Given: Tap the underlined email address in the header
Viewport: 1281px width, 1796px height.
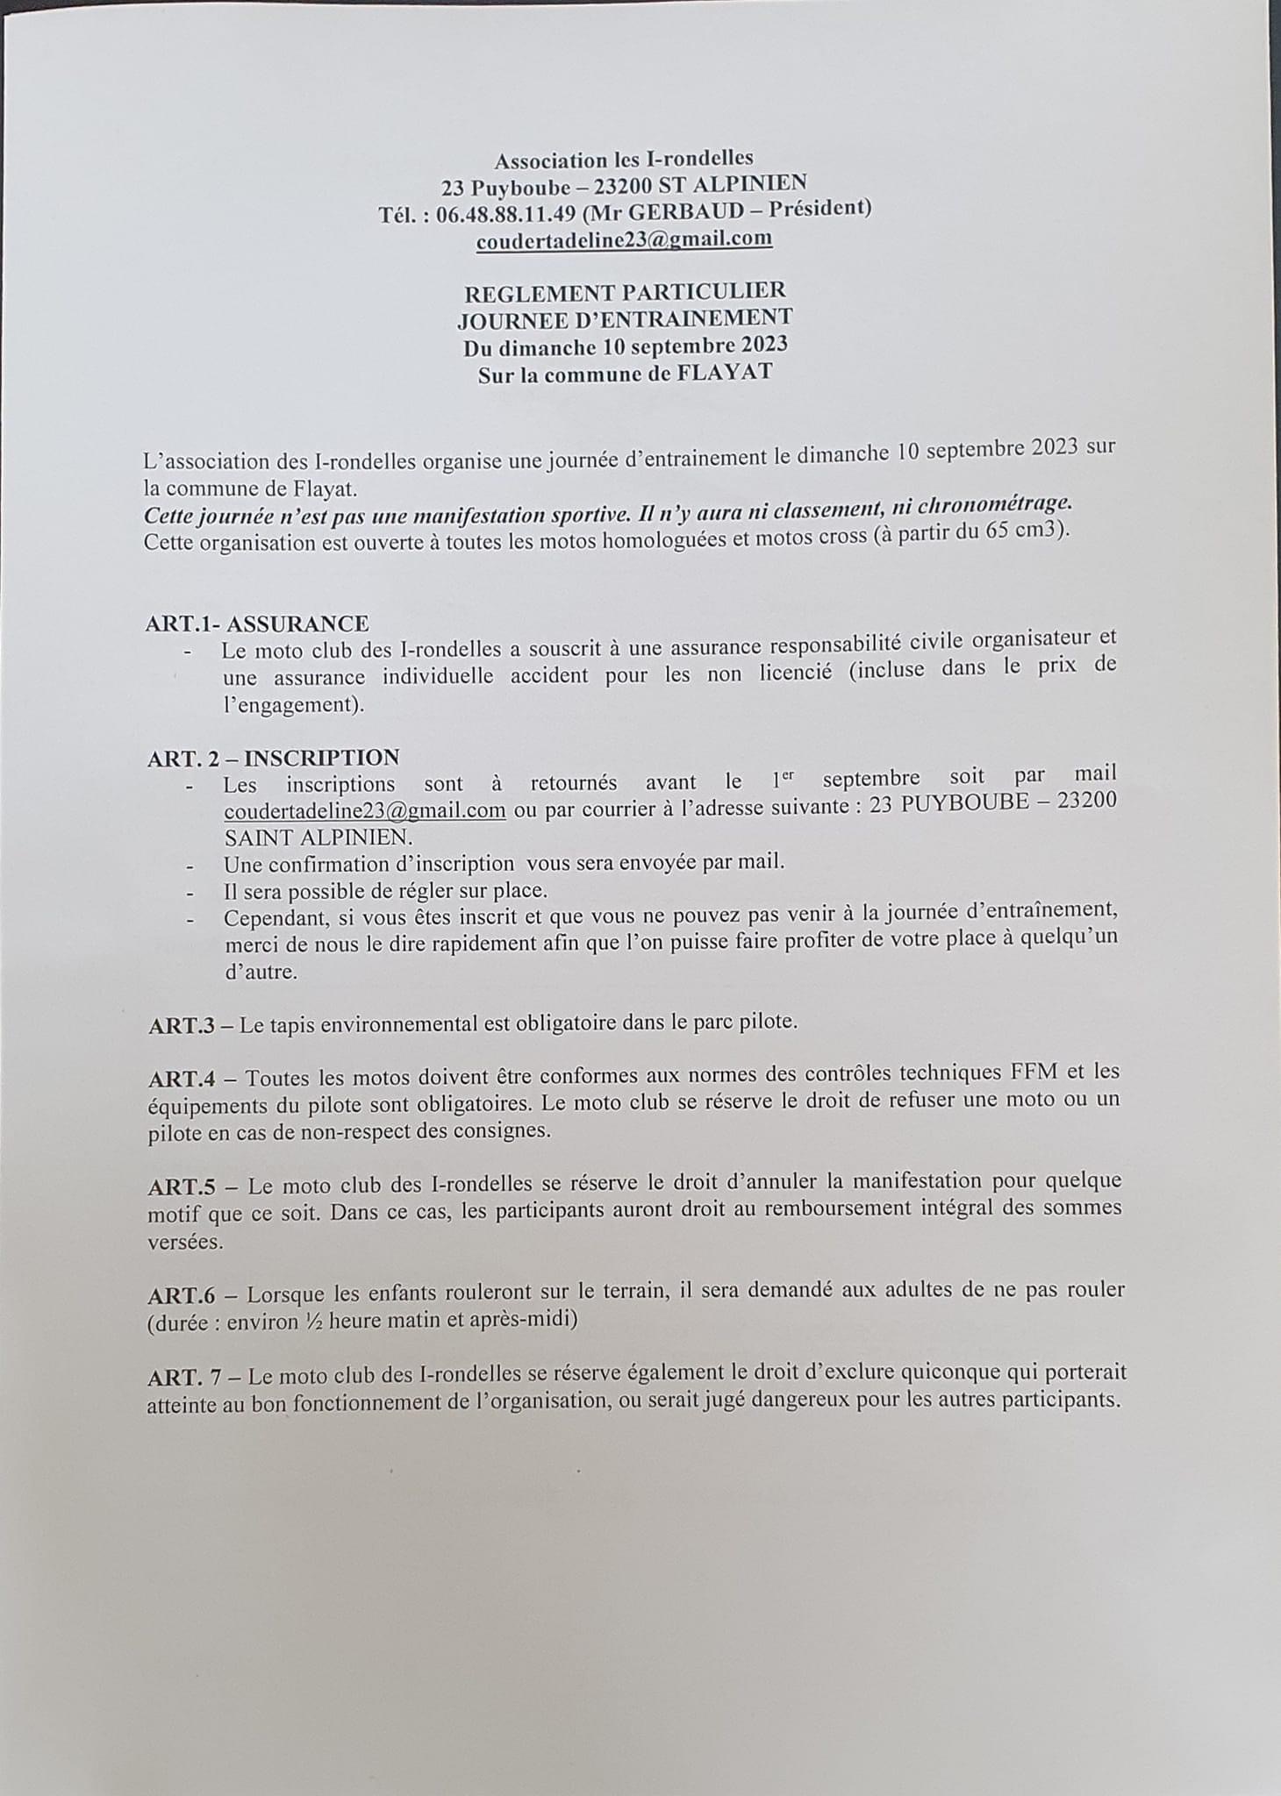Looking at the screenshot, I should point(624,239).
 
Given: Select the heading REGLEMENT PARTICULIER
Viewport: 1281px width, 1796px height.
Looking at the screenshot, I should point(625,291).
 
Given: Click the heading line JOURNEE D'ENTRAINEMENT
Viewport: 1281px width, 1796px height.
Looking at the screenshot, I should point(625,317).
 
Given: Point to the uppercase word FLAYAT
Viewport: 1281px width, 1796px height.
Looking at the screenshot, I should point(724,372).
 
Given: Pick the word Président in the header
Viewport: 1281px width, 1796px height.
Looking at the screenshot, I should point(817,208).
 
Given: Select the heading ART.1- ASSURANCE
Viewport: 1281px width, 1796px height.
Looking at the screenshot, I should point(257,624).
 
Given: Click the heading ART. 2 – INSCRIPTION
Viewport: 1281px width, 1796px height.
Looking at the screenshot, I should point(274,758).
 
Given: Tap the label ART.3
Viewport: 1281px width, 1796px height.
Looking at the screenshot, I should point(182,1025).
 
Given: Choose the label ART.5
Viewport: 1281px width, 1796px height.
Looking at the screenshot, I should point(182,1187).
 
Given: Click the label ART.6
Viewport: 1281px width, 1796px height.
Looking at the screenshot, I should point(182,1294).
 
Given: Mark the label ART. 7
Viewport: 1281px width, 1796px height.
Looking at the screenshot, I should point(185,1377).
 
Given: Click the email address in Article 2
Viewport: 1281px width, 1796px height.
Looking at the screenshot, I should point(365,809).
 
